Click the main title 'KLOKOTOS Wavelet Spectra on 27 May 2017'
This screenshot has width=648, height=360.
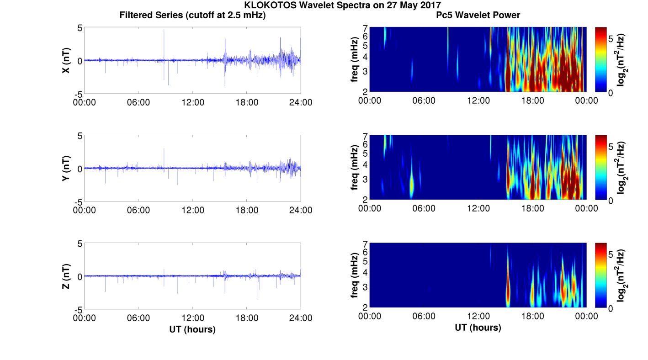(x=343, y=5)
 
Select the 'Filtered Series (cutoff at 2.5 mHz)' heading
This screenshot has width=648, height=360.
(x=192, y=15)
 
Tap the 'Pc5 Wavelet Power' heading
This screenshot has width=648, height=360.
(x=478, y=15)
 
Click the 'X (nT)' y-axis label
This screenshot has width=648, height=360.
(x=66, y=60)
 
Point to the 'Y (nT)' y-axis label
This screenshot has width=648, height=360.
(x=66, y=168)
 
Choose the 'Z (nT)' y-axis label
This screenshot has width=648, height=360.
(x=66, y=276)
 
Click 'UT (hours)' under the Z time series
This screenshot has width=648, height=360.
(x=192, y=329)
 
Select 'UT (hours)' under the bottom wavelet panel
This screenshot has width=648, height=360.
(x=478, y=328)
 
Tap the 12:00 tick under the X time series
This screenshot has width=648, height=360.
(x=193, y=102)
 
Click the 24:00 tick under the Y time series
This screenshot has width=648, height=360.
(x=301, y=210)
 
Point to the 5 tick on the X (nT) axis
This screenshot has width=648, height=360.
(x=80, y=28)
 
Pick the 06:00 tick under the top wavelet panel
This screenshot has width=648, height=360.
(x=424, y=101)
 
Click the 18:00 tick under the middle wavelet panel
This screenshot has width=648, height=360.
(x=532, y=208)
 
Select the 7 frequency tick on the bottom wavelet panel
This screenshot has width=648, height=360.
(x=366, y=244)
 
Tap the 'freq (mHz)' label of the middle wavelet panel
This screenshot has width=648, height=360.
(x=355, y=168)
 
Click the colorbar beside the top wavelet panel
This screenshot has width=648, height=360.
(x=600, y=59)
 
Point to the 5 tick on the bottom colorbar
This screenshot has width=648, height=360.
(x=611, y=255)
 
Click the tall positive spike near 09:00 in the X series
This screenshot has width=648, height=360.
(x=164, y=45)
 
